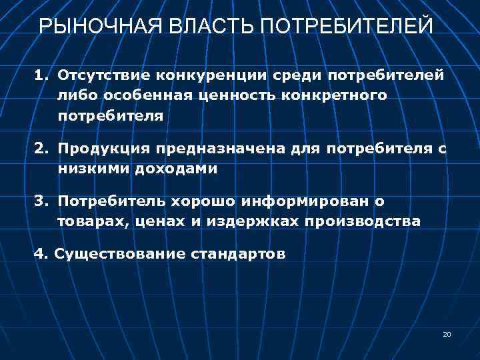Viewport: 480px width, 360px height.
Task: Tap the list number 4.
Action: (x=40, y=253)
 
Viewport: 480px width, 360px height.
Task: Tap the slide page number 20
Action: (x=447, y=334)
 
